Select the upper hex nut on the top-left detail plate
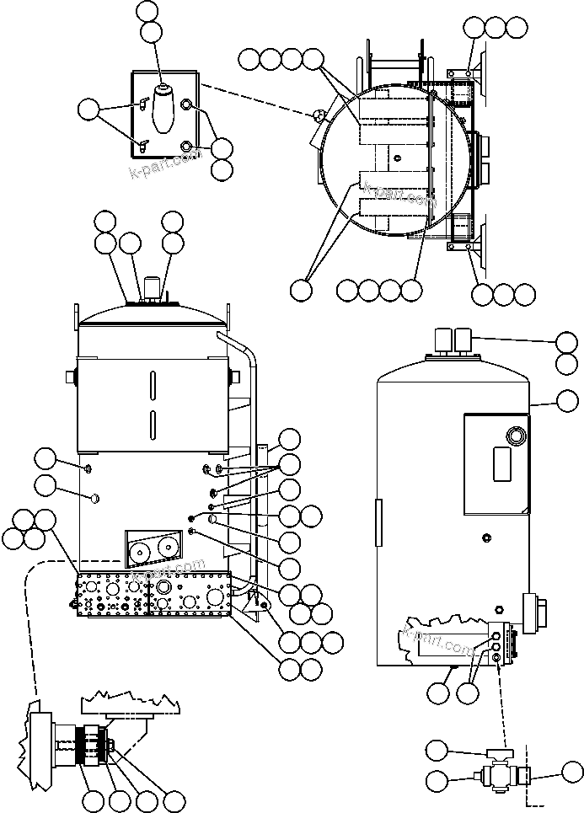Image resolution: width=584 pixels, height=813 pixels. click(187, 105)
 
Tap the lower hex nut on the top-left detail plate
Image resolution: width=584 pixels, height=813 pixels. click(186, 147)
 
